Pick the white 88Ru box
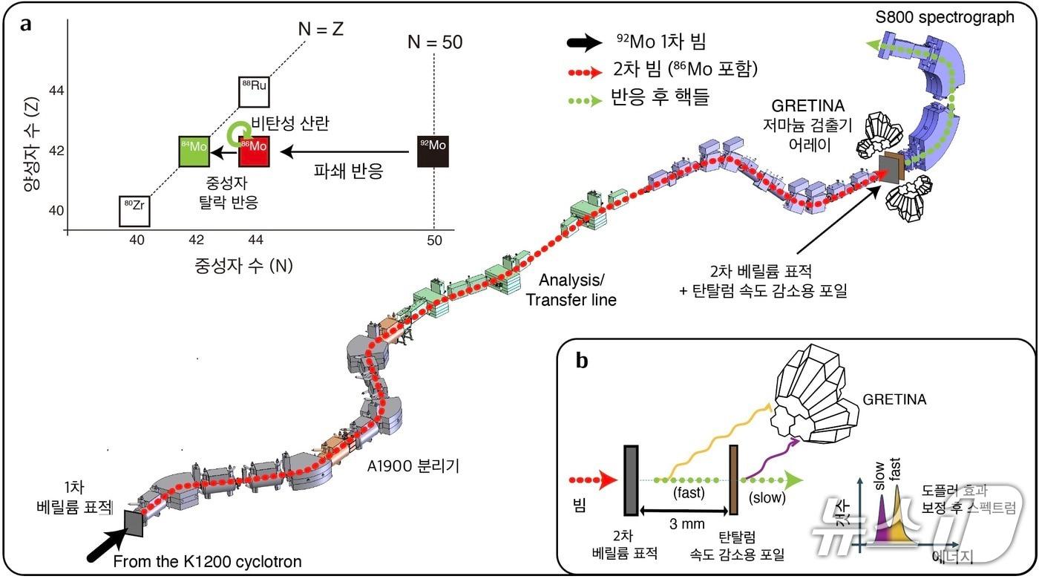[255, 92]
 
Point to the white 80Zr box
[134, 211]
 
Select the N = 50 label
[435, 42]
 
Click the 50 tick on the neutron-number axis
[434, 241]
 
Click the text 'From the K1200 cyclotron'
[207, 562]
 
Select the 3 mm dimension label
[680, 525]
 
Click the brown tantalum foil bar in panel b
[733, 480]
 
